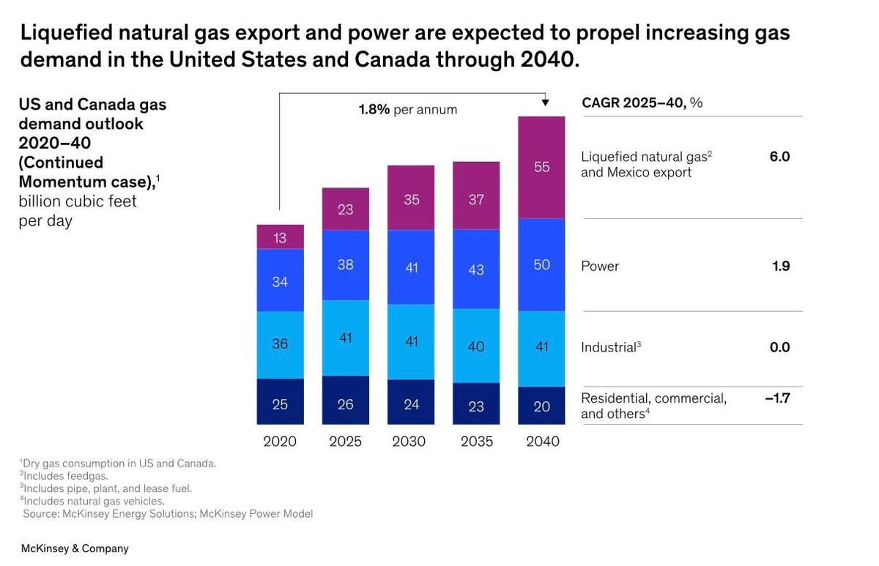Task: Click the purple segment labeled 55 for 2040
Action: coord(541,167)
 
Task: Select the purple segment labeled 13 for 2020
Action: coord(280,237)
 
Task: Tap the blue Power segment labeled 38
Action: coord(345,265)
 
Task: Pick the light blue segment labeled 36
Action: coord(280,344)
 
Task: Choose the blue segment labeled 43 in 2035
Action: coord(476,269)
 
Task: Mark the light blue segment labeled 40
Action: coord(476,346)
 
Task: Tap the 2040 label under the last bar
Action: coord(542,442)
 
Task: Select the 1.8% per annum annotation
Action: coord(407,110)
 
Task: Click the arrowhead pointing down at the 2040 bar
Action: coord(545,103)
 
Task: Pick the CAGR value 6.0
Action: coord(779,157)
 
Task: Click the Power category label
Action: coord(600,267)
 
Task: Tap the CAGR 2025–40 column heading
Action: coord(642,103)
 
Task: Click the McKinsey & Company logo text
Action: coord(75,548)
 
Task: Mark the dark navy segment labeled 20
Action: coord(541,406)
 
